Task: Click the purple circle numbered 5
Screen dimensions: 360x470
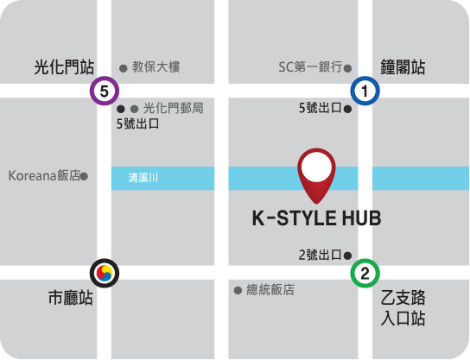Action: (105, 91)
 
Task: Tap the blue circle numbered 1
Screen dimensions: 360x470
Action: (365, 91)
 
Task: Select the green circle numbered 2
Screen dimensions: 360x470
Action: (365, 275)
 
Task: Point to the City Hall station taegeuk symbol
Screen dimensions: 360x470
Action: (105, 274)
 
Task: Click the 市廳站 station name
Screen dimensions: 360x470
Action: (70, 300)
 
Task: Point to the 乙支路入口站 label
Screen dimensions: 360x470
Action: (403, 309)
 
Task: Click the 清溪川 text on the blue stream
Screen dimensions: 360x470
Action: (143, 179)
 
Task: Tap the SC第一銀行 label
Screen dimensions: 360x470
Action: (310, 66)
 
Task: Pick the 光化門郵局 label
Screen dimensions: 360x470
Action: (173, 109)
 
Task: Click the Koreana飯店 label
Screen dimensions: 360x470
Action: (44, 175)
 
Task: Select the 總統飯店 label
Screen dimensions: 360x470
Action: (270, 290)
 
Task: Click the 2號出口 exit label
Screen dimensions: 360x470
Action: (320, 255)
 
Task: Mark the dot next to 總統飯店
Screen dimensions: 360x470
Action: (238, 290)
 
